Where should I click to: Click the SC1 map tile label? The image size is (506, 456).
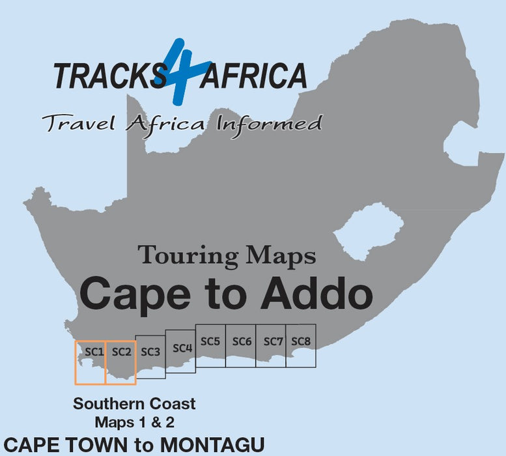click(94, 352)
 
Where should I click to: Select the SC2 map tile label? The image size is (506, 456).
click(122, 352)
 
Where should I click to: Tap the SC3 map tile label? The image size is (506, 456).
click(150, 352)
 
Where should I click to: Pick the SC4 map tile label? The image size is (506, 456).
click(182, 348)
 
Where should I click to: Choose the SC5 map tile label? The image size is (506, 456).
click(210, 341)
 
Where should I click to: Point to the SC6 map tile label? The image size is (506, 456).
click(242, 341)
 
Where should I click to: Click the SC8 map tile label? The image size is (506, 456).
click(301, 341)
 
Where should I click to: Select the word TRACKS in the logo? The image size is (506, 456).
click(109, 76)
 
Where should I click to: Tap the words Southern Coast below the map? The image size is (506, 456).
click(134, 404)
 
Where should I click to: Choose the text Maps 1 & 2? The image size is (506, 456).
click(134, 421)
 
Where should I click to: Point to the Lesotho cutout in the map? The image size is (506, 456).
click(368, 233)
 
